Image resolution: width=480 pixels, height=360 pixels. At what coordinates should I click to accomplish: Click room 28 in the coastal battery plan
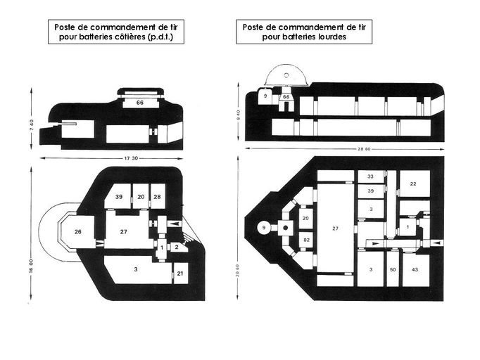click(158, 197)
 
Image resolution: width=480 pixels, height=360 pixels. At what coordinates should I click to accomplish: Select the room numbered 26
click(79, 231)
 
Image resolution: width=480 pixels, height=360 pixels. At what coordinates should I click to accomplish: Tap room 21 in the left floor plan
click(180, 274)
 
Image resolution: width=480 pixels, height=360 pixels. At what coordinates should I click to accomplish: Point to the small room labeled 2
click(177, 246)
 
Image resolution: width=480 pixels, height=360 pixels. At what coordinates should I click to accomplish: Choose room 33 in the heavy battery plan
click(370, 176)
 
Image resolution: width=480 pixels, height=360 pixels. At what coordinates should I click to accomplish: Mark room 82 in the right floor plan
click(305, 240)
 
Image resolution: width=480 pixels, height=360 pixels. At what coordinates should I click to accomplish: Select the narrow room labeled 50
click(392, 270)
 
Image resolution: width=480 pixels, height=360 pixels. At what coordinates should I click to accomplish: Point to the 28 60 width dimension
click(345, 150)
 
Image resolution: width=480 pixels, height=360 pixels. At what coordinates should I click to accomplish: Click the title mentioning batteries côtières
click(116, 32)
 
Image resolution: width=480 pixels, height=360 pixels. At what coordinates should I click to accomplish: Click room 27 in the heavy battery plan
click(335, 229)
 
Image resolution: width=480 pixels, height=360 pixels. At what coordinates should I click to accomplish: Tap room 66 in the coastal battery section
click(140, 103)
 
